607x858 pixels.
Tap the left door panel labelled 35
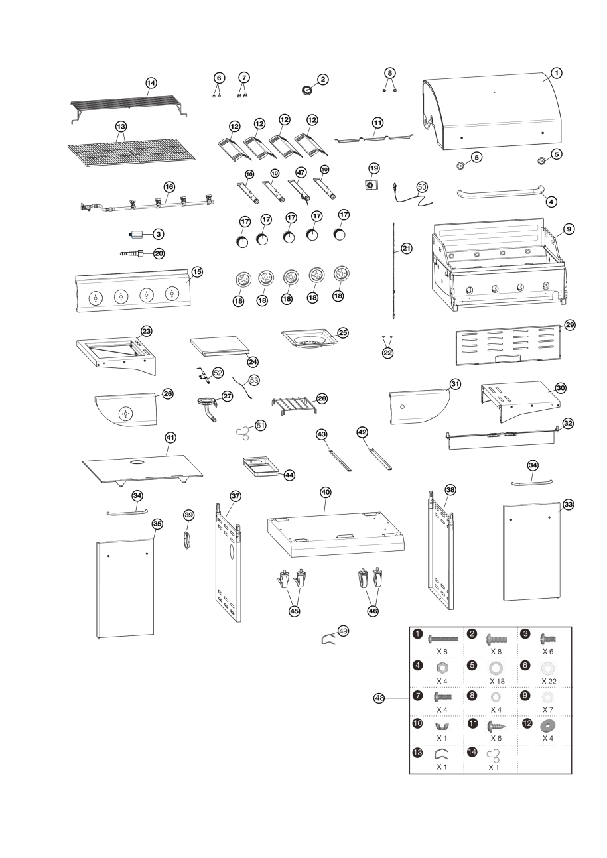pos(126,587)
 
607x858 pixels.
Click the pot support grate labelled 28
pos(293,403)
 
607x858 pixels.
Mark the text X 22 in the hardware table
pos(549,681)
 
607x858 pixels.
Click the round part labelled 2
pos(307,89)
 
